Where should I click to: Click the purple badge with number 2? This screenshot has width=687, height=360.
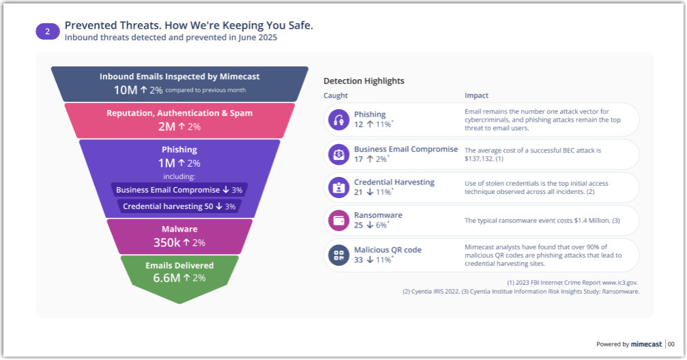coord(47,31)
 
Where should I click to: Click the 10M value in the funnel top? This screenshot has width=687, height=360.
coord(126,89)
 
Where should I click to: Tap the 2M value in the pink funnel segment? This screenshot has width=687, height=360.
coord(166,126)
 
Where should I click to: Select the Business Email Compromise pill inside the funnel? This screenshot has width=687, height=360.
coord(179,189)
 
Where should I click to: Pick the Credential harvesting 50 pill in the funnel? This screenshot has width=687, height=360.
coord(179,206)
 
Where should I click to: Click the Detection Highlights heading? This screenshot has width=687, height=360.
coord(363,81)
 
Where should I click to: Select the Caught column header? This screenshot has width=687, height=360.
coord(335,96)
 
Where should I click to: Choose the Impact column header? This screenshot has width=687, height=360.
coord(476,96)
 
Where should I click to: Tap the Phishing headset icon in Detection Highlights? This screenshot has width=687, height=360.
coord(339,120)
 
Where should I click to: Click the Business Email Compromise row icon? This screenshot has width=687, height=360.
coord(339,154)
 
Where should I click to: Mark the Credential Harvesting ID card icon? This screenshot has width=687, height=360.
coord(339,187)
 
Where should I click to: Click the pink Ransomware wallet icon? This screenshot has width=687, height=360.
coord(339,221)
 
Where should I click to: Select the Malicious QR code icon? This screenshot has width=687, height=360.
coord(339,255)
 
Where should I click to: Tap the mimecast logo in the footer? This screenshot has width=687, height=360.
coord(646,344)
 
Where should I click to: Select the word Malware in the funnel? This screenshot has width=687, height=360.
coord(180,230)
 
